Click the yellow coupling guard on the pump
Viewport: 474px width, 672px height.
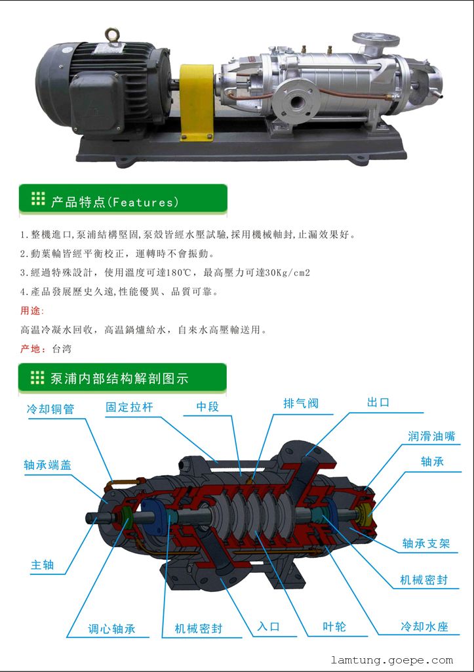[x=197, y=102]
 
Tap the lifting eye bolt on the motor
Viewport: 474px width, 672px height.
[x=111, y=35]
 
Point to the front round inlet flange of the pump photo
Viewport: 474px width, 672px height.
[x=296, y=100]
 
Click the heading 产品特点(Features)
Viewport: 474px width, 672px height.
[x=114, y=202]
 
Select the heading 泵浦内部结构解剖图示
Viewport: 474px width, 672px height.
[x=119, y=379]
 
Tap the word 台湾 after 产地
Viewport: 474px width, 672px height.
[x=62, y=348]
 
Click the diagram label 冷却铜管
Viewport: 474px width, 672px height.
[x=50, y=409]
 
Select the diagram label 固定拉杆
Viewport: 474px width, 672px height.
[x=129, y=407]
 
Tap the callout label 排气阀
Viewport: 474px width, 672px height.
[x=301, y=404]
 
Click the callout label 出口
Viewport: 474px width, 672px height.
[x=378, y=402]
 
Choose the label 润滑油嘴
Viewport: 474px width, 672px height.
[x=431, y=436]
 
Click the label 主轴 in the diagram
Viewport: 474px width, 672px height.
[x=43, y=565]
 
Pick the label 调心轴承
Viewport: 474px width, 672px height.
[x=111, y=629]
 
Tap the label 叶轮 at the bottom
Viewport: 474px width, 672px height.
[x=334, y=627]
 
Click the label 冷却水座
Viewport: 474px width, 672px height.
[x=424, y=627]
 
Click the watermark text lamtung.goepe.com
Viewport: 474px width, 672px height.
[x=392, y=660]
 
